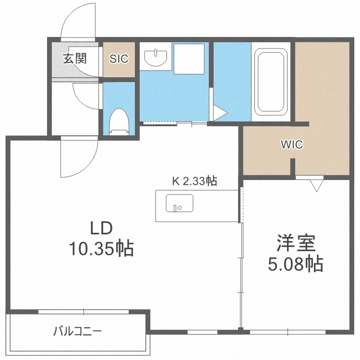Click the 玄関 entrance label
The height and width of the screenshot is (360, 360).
[x=74, y=59]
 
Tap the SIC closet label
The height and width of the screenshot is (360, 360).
[x=119, y=59]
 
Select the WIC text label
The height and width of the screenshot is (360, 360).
[x=292, y=144]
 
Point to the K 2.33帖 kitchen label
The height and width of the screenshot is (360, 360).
[x=194, y=181]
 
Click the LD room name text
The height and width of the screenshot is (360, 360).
[x=101, y=228]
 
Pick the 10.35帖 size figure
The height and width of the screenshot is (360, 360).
[x=101, y=248]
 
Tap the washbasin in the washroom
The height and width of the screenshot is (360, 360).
[x=155, y=57]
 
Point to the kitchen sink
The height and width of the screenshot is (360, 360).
[x=179, y=203]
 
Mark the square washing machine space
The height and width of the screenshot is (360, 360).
[x=189, y=59]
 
